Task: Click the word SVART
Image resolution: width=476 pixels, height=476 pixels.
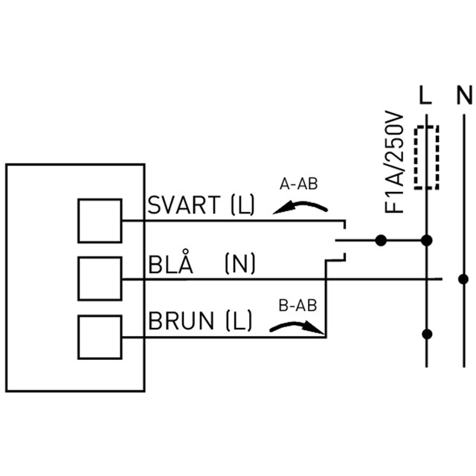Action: pos(184,205)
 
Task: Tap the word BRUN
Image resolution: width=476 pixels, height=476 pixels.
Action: pos(181,321)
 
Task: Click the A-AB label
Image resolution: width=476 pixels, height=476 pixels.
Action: pos(298,184)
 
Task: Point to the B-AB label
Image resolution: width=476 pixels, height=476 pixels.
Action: pos(297,306)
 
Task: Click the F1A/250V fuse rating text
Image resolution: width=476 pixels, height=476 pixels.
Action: pos(394,162)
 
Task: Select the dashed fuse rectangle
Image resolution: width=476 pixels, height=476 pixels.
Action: pos(415,157)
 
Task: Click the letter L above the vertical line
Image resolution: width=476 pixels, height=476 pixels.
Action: pos(425,95)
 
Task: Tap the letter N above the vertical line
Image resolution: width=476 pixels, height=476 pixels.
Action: pos(464,95)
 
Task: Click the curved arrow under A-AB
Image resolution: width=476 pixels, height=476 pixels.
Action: pos(300,204)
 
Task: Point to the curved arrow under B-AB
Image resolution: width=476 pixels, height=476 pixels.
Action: pos(296,325)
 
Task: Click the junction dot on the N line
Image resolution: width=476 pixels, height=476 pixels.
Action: pos(463,279)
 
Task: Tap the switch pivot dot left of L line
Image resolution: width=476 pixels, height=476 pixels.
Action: pos(381,240)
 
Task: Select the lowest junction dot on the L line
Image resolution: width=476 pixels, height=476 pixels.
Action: pos(427,334)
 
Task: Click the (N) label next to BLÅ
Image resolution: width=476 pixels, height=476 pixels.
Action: pos(239,263)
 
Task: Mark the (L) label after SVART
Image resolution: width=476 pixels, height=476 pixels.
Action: pos(242,205)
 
